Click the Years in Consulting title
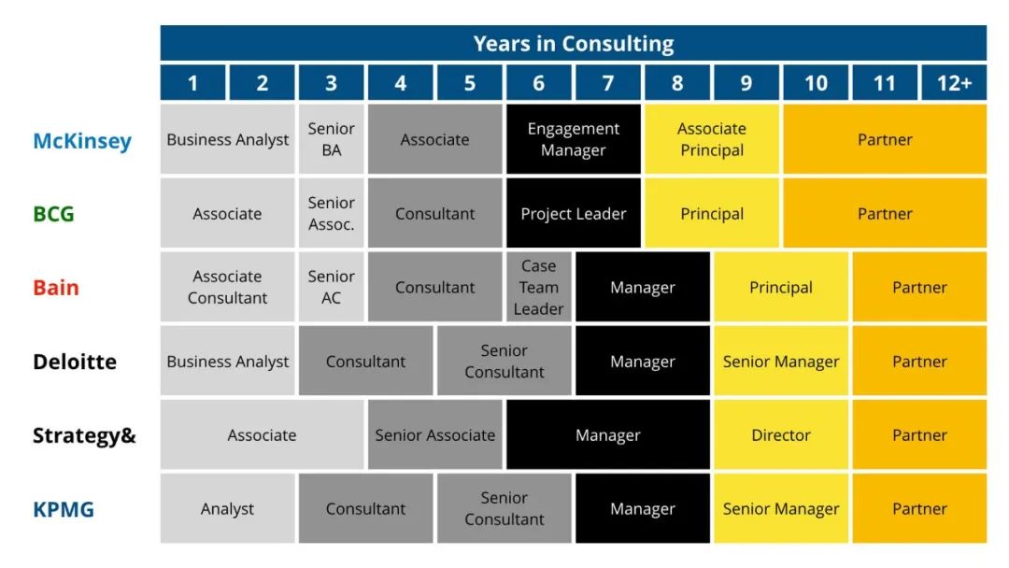click(574, 44)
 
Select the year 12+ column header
click(954, 83)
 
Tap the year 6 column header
click(539, 83)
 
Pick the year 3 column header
click(332, 83)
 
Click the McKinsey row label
click(82, 141)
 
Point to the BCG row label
click(53, 214)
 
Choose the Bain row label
click(56, 288)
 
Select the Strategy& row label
click(84, 435)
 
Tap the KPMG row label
click(64, 509)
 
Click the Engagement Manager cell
click(574, 139)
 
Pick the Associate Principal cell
click(712, 139)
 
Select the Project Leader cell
click(574, 213)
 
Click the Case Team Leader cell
click(539, 287)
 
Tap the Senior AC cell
click(332, 287)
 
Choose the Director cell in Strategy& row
click(781, 434)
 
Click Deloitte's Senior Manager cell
click(781, 361)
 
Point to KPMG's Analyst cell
click(227, 509)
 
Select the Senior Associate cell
click(435, 434)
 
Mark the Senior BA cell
click(332, 139)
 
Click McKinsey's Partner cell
click(885, 139)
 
